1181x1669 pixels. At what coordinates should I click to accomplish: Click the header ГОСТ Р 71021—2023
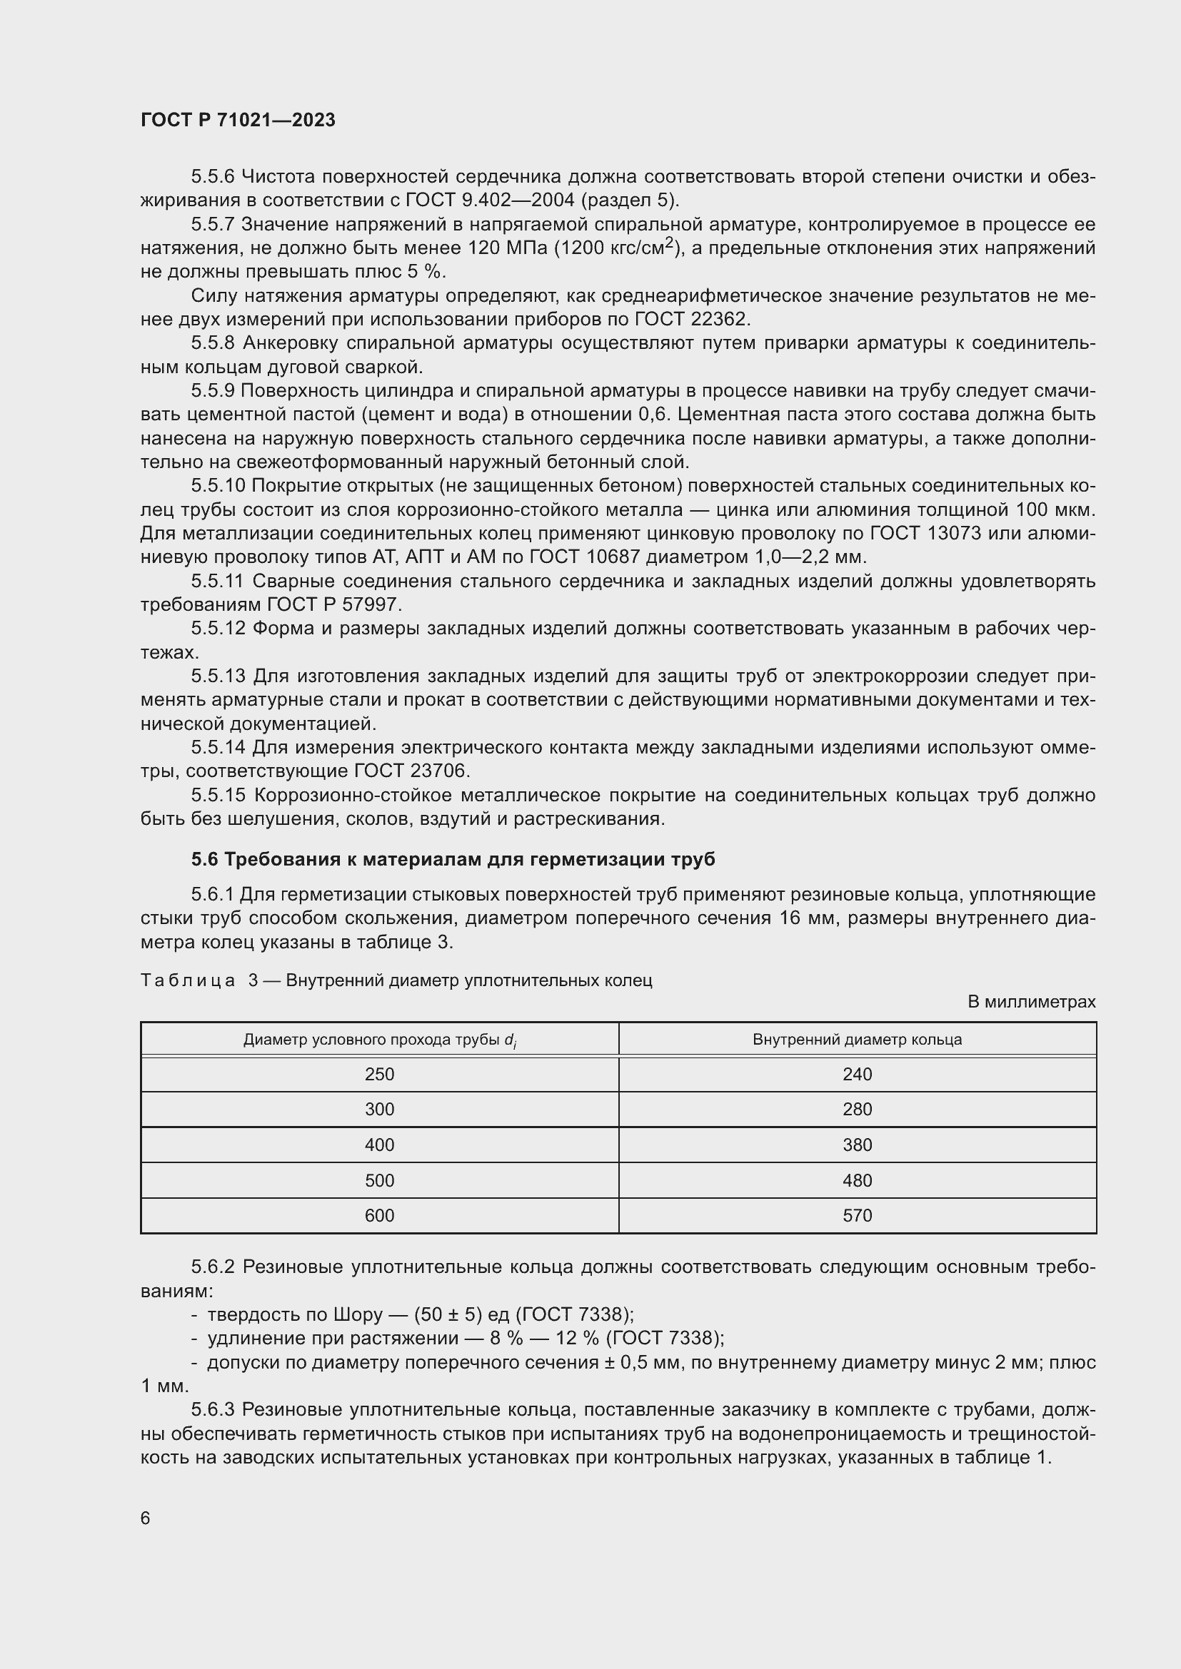[x=238, y=121]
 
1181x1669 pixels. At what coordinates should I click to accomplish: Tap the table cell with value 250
[x=379, y=1075]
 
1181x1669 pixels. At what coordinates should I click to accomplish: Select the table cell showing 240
[x=857, y=1075]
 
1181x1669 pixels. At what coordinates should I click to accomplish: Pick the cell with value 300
[x=379, y=1110]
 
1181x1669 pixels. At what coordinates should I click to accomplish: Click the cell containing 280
[x=857, y=1110]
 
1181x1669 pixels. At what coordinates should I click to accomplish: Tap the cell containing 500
[x=379, y=1180]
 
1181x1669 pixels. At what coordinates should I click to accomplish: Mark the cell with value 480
[x=857, y=1180]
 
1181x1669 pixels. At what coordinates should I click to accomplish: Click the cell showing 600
[x=379, y=1216]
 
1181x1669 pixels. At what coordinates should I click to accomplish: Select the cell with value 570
[x=857, y=1216]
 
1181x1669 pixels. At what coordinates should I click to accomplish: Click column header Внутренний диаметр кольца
[x=857, y=1040]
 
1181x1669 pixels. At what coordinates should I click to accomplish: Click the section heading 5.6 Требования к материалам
[x=452, y=860]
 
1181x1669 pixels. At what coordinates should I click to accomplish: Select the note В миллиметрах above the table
[x=1030, y=1003]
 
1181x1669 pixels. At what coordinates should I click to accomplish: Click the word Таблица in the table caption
[x=188, y=980]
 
